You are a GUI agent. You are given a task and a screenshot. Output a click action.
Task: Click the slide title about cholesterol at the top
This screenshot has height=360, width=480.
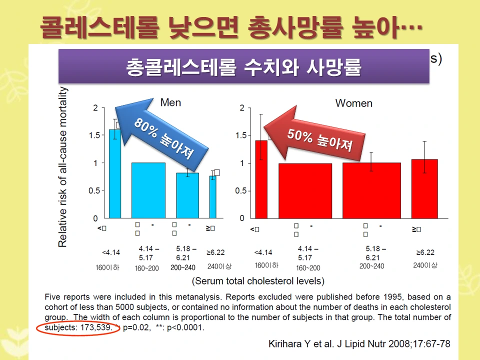(231, 27)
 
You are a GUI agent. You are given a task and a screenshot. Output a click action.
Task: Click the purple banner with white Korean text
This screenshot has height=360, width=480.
(243, 66)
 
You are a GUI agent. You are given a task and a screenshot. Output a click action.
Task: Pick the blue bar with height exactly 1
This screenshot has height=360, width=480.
(148, 190)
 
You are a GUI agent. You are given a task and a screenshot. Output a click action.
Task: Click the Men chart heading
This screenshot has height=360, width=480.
(170, 102)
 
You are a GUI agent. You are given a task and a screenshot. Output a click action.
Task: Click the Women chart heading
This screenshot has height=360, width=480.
(353, 103)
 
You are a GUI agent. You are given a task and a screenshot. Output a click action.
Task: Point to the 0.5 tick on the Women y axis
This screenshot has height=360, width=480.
(241, 191)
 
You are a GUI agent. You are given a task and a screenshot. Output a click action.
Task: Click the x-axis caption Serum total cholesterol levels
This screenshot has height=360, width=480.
(258, 281)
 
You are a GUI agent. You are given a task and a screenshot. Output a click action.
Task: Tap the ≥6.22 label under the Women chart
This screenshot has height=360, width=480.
(424, 252)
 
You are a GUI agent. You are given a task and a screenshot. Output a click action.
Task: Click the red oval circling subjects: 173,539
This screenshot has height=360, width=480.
(76, 328)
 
